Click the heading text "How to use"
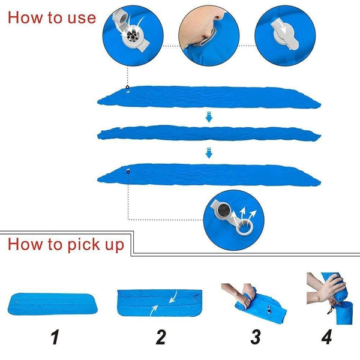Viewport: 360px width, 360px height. pyautogui.click(x=52, y=17)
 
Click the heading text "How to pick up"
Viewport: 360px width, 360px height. pyautogui.click(x=66, y=244)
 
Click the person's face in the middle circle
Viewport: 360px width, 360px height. pyautogui.click(x=202, y=24)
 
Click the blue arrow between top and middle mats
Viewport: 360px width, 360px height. pyautogui.click(x=209, y=118)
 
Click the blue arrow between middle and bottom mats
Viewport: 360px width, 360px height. pyautogui.click(x=209, y=154)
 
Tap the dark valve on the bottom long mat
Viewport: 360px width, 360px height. pyautogui.click(x=128, y=172)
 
